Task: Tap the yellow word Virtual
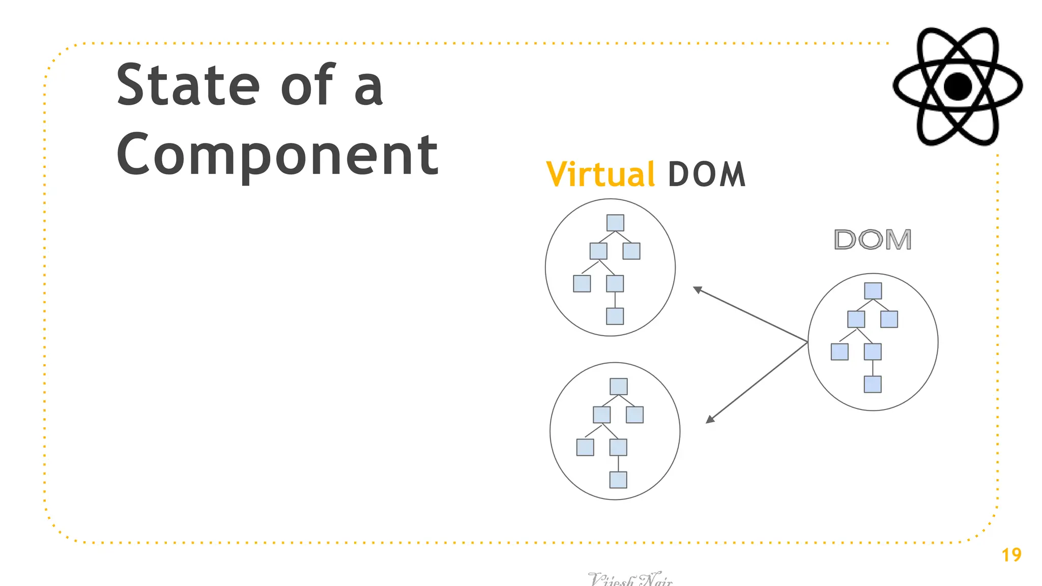point(600,174)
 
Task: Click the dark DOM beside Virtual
point(706,174)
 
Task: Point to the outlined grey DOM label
point(873,240)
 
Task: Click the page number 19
point(1011,554)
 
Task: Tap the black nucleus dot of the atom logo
point(958,86)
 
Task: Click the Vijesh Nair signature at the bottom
point(630,579)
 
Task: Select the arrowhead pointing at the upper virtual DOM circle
point(697,289)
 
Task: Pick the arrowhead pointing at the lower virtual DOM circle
point(710,420)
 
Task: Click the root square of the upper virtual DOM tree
point(615,223)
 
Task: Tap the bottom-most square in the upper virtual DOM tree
point(615,316)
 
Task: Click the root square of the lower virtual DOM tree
point(618,387)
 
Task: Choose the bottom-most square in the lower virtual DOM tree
point(618,480)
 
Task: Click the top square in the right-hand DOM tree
point(873,291)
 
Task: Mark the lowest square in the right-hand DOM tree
point(873,384)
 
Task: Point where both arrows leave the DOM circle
point(808,342)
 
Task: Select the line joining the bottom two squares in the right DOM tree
point(873,368)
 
